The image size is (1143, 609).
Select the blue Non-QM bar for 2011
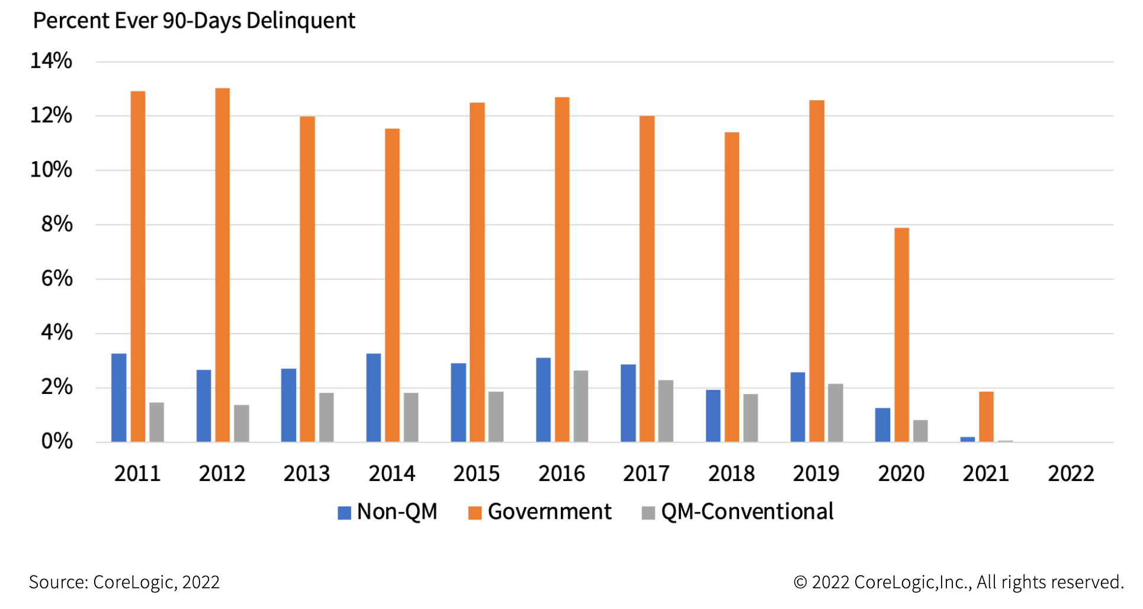point(119,398)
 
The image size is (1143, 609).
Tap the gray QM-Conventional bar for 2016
point(580,406)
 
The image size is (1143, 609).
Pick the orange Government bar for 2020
point(901,335)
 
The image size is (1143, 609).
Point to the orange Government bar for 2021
point(986,416)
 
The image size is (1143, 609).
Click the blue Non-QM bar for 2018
point(713,415)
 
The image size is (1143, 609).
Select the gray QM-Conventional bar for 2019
point(835,412)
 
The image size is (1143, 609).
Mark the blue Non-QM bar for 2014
point(374,398)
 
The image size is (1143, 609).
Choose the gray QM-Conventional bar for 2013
point(326,417)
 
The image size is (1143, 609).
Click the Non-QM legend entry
point(388,512)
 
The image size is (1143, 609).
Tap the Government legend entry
point(540,512)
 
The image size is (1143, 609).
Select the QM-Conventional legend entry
point(738,512)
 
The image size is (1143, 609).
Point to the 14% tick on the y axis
point(51,61)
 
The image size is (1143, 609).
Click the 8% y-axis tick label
point(56,225)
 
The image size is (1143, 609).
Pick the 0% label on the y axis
point(56,441)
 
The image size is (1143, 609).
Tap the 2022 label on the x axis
point(1071,474)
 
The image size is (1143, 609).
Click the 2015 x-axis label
point(476,474)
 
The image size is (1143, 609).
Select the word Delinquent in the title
point(300,21)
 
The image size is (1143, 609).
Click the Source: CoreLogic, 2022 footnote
point(124,582)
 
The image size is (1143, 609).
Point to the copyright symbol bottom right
point(800,582)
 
